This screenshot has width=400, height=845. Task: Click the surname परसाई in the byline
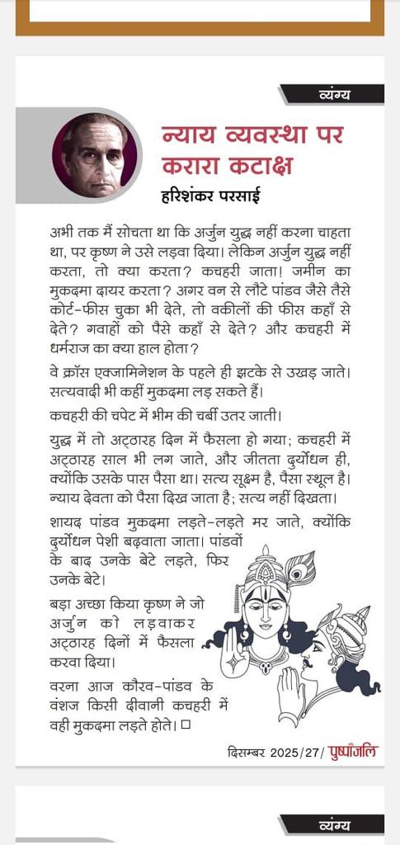click(254, 197)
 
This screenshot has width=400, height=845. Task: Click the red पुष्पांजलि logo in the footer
click(354, 752)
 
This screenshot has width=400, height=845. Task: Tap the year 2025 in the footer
click(282, 753)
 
